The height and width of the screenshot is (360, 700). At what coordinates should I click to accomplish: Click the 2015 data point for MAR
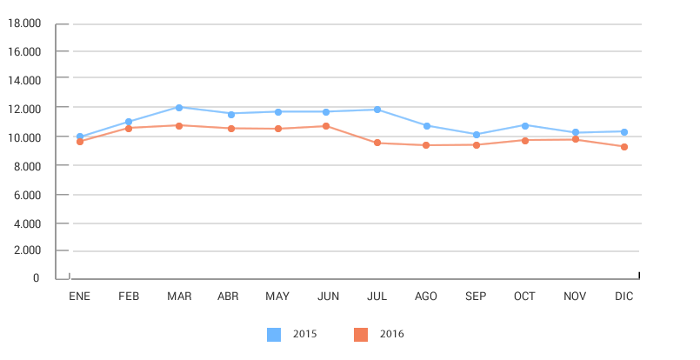(x=178, y=108)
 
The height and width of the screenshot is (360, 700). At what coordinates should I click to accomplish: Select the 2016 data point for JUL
(x=377, y=143)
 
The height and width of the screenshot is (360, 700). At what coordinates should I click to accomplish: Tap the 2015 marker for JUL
(x=377, y=110)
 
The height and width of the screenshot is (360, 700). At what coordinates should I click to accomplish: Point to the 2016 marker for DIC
(x=624, y=147)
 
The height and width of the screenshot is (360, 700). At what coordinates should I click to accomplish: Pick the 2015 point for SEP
(x=476, y=135)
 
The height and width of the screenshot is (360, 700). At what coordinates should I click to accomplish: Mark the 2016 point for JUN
(x=327, y=126)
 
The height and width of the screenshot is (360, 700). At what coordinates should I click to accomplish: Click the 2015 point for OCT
(x=525, y=125)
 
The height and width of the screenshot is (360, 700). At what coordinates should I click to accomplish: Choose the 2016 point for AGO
(x=426, y=145)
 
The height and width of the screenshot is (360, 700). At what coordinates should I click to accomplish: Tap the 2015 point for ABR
(x=230, y=114)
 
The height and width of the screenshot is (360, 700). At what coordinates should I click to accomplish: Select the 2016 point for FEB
(x=129, y=128)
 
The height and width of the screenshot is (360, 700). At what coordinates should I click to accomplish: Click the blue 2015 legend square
(x=274, y=334)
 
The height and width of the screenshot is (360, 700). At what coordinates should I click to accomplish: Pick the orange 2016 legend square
(x=361, y=334)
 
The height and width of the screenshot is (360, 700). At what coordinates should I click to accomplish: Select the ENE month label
(x=79, y=297)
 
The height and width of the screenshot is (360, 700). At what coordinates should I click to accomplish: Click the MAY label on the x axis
(x=277, y=297)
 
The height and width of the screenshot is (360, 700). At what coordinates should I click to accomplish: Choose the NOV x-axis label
(x=575, y=297)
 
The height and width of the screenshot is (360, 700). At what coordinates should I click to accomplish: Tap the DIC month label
(x=624, y=297)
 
